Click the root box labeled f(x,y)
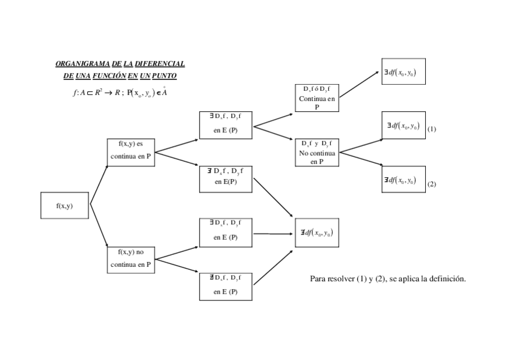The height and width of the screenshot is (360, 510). click(x=65, y=206)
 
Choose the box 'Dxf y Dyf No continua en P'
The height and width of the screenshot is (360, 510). click(x=317, y=152)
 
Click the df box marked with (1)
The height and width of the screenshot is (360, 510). click(x=403, y=126)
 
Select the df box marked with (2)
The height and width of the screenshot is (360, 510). click(x=403, y=180)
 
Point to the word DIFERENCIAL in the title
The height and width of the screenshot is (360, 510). click(x=160, y=64)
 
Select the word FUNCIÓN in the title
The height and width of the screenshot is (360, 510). click(x=109, y=76)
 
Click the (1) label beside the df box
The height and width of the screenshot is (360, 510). click(x=432, y=129)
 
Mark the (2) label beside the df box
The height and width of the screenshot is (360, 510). click(x=432, y=184)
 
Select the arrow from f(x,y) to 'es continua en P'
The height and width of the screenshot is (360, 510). click(x=99, y=184)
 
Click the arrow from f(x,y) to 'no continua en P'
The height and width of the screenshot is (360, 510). click(x=99, y=227)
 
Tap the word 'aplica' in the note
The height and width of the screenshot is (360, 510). click(x=408, y=279)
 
